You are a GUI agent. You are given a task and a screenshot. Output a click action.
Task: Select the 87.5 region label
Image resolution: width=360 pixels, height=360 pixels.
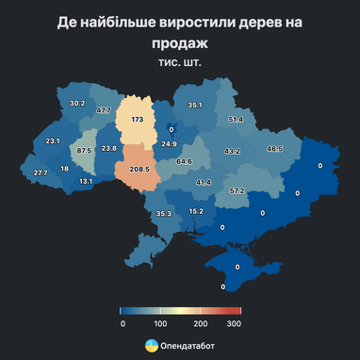(84, 151)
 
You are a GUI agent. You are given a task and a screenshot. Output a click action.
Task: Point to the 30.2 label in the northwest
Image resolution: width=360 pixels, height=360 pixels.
(77, 104)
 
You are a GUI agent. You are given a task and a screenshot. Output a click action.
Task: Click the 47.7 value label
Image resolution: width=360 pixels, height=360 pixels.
(104, 111)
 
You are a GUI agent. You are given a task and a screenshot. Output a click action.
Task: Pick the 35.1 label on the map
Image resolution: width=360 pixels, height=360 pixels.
(195, 105)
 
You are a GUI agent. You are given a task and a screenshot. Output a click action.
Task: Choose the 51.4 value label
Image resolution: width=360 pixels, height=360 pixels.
(236, 120)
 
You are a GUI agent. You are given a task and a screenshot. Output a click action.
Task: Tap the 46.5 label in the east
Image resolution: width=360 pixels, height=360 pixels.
(274, 149)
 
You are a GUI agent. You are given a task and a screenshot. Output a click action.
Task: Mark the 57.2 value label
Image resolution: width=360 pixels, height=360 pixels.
(237, 191)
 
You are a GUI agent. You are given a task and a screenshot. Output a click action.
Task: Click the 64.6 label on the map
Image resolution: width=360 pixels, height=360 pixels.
(185, 161)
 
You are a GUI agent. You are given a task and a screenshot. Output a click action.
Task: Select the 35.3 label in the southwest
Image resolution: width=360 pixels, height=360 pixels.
(164, 214)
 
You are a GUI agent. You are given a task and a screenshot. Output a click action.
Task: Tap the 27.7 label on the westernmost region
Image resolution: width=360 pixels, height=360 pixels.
(41, 173)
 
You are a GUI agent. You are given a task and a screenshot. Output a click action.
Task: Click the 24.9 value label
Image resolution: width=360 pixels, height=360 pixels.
(169, 144)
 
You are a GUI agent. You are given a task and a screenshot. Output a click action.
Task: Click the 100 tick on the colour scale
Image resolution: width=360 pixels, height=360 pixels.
(160, 323)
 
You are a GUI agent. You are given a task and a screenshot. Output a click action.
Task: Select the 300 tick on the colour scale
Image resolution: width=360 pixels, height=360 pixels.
(235, 323)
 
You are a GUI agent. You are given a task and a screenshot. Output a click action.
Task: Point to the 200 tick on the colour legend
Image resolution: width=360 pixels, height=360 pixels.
(200, 323)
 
